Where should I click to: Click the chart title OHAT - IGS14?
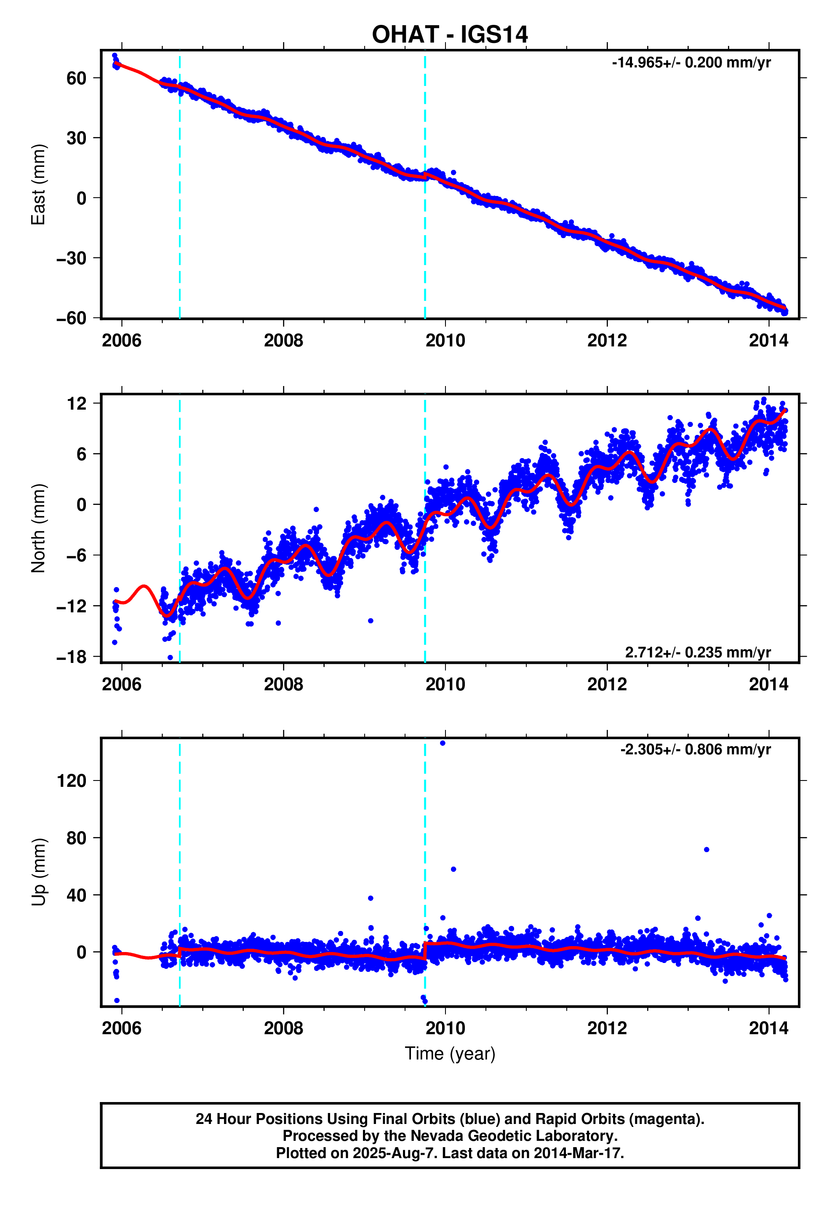click(x=449, y=35)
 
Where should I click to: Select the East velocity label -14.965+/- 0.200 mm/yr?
click(x=691, y=63)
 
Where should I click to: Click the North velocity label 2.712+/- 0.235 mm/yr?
click(x=697, y=652)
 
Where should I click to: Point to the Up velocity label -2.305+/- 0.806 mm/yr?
click(x=695, y=749)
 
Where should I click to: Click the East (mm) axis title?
click(x=38, y=184)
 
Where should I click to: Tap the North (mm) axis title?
click(x=38, y=528)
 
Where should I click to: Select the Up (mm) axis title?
click(x=38, y=872)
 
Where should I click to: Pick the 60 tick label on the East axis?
click(x=76, y=78)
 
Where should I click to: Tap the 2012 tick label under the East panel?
click(x=607, y=341)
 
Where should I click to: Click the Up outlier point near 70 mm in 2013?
click(x=706, y=849)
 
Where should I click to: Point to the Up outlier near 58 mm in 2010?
click(x=453, y=869)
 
